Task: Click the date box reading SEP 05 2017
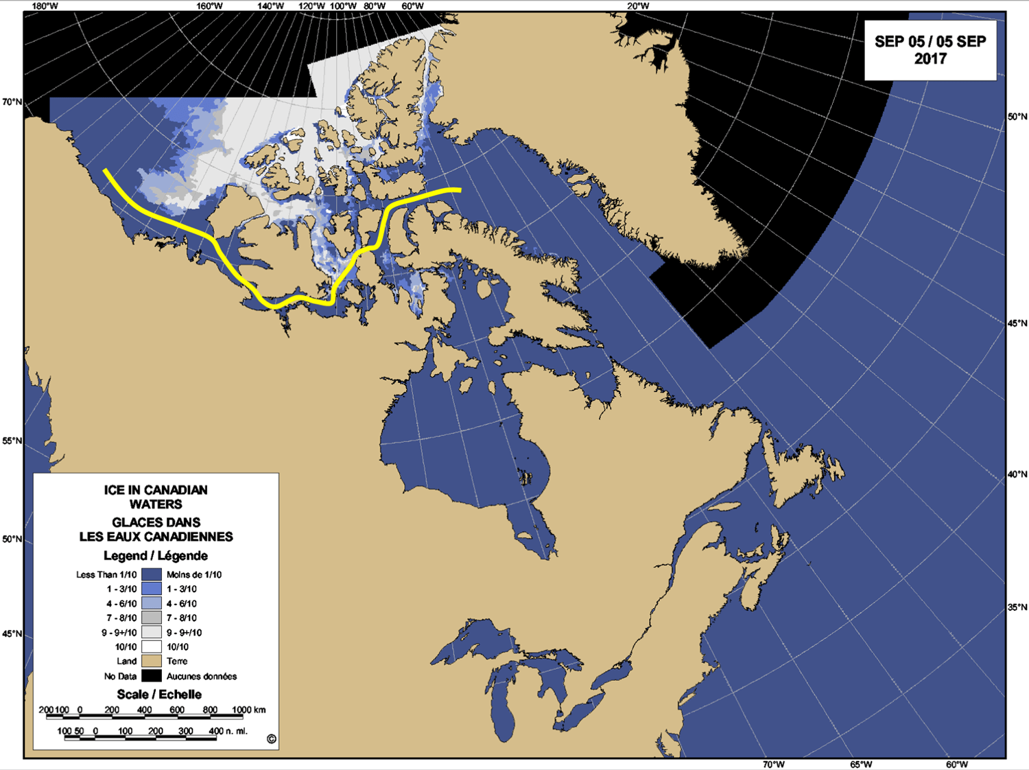(x=930, y=50)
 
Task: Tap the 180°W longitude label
(x=45, y=6)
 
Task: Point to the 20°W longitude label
(x=637, y=6)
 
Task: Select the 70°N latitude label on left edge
(x=12, y=102)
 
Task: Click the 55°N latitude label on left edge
(x=12, y=441)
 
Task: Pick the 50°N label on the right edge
(x=1017, y=117)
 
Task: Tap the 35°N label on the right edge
(x=1017, y=607)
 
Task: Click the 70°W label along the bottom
(x=773, y=765)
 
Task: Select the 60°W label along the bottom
(x=956, y=765)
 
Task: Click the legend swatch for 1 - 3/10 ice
(x=152, y=589)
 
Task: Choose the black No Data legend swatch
(x=152, y=676)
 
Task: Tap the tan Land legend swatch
(x=152, y=661)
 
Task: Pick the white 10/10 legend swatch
(x=152, y=646)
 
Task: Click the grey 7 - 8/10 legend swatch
(x=152, y=618)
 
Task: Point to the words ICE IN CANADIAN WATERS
(x=156, y=497)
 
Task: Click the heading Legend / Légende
(x=156, y=555)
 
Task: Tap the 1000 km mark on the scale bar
(x=248, y=710)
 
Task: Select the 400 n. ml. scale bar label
(x=228, y=731)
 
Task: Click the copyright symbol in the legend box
(x=271, y=739)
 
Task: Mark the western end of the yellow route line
(x=105, y=170)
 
